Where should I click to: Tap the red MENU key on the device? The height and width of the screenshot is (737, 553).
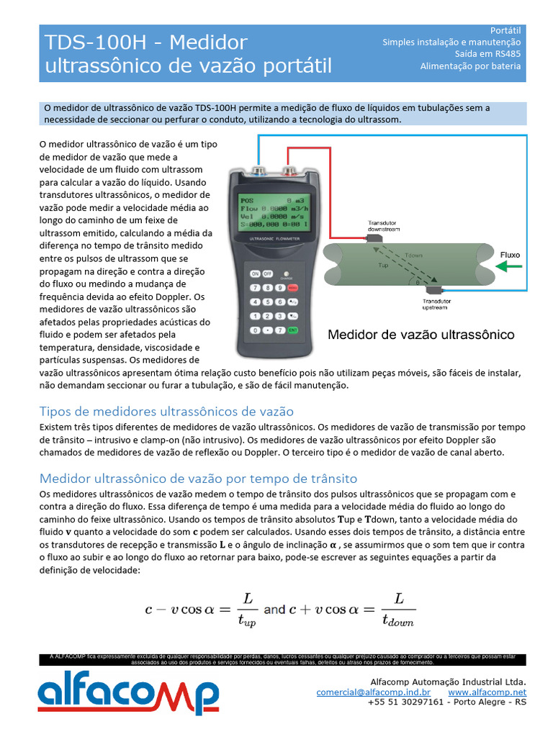(293, 288)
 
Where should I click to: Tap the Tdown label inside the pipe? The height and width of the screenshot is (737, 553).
(414, 256)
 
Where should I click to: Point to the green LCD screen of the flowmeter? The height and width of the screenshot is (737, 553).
(274, 213)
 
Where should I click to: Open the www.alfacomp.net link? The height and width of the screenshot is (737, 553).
(487, 692)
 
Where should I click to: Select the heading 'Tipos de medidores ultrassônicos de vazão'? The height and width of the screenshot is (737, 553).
(166, 412)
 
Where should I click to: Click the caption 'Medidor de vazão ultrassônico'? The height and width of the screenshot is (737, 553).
(421, 335)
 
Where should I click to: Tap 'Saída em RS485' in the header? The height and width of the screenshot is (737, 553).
(487, 54)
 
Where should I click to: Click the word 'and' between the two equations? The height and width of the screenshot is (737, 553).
(274, 609)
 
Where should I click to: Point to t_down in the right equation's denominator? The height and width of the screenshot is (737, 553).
(397, 621)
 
